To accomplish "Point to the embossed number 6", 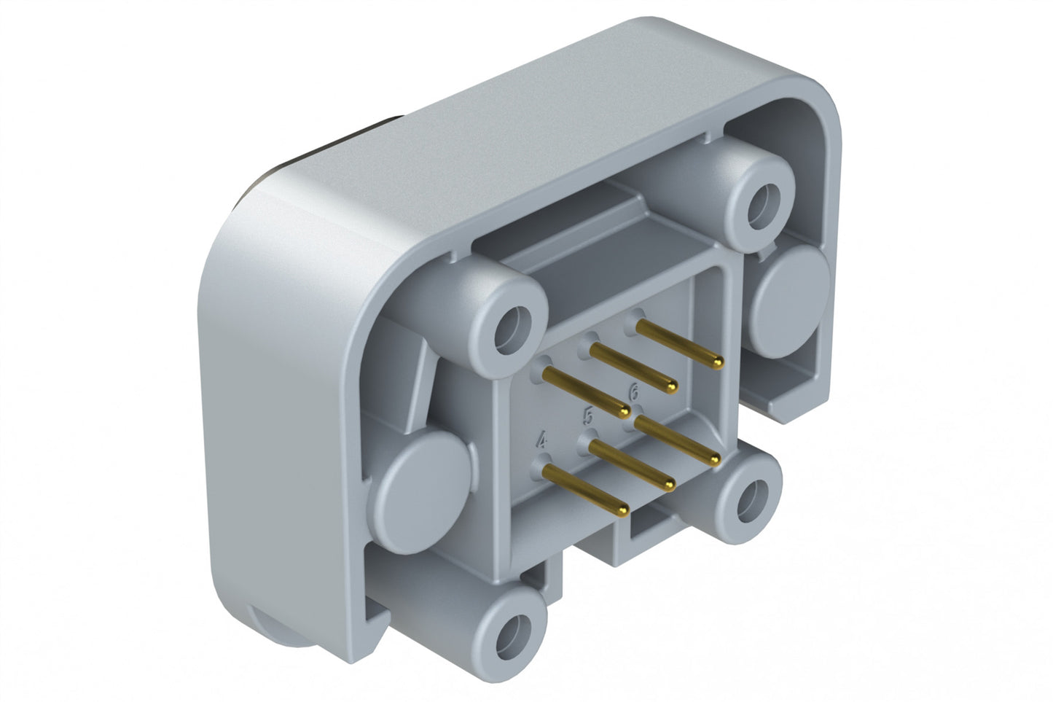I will tap(634, 392).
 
